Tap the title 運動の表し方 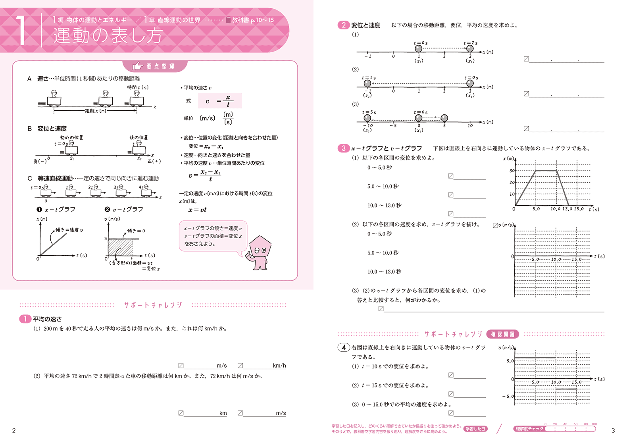tap(108, 35)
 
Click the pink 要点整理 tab tap(154, 66)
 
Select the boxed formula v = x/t tap(220, 101)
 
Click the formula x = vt tap(197, 210)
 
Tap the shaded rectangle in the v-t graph tap(120, 247)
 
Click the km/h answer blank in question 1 tap(262, 366)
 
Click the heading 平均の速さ tap(47, 319)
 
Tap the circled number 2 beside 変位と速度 tap(343, 25)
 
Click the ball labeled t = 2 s tap(470, 48)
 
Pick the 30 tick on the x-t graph tap(512, 171)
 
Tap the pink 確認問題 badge tap(503, 334)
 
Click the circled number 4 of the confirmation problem tap(344, 347)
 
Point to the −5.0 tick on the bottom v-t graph tap(508, 396)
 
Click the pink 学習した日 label tap(475, 429)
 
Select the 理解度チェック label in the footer tap(529, 429)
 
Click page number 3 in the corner tap(613, 430)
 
